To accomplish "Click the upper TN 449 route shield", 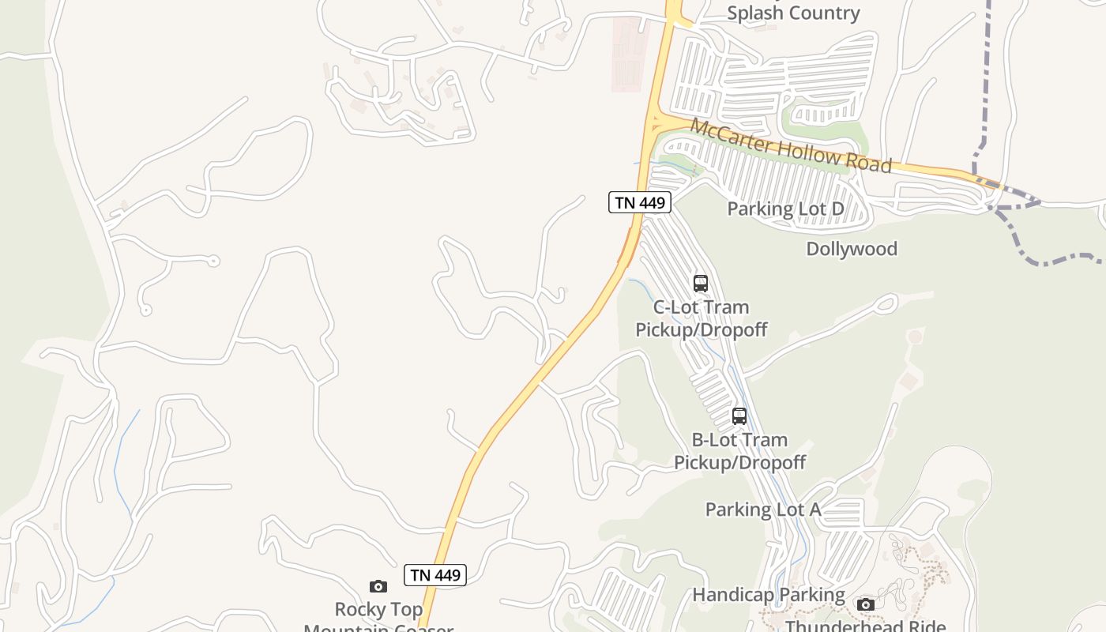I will pos(639,202).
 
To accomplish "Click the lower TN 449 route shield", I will pos(434,575).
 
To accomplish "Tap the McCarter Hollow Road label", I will pos(791,145).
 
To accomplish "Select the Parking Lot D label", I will pos(785,209).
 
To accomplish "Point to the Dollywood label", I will pos(852,249).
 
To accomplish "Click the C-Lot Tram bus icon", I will pos(700,283).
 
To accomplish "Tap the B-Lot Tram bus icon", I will pos(739,416).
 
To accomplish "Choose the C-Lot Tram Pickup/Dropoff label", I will pos(702,318).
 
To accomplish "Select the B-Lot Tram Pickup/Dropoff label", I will pos(739,451).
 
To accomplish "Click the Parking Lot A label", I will pos(763,510).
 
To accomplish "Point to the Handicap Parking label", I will pos(769,594).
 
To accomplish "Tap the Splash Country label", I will pos(793,13).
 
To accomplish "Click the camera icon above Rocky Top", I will pos(378,586).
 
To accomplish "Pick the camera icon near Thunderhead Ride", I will pos(866,604).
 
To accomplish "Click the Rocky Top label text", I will pos(378,610).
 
